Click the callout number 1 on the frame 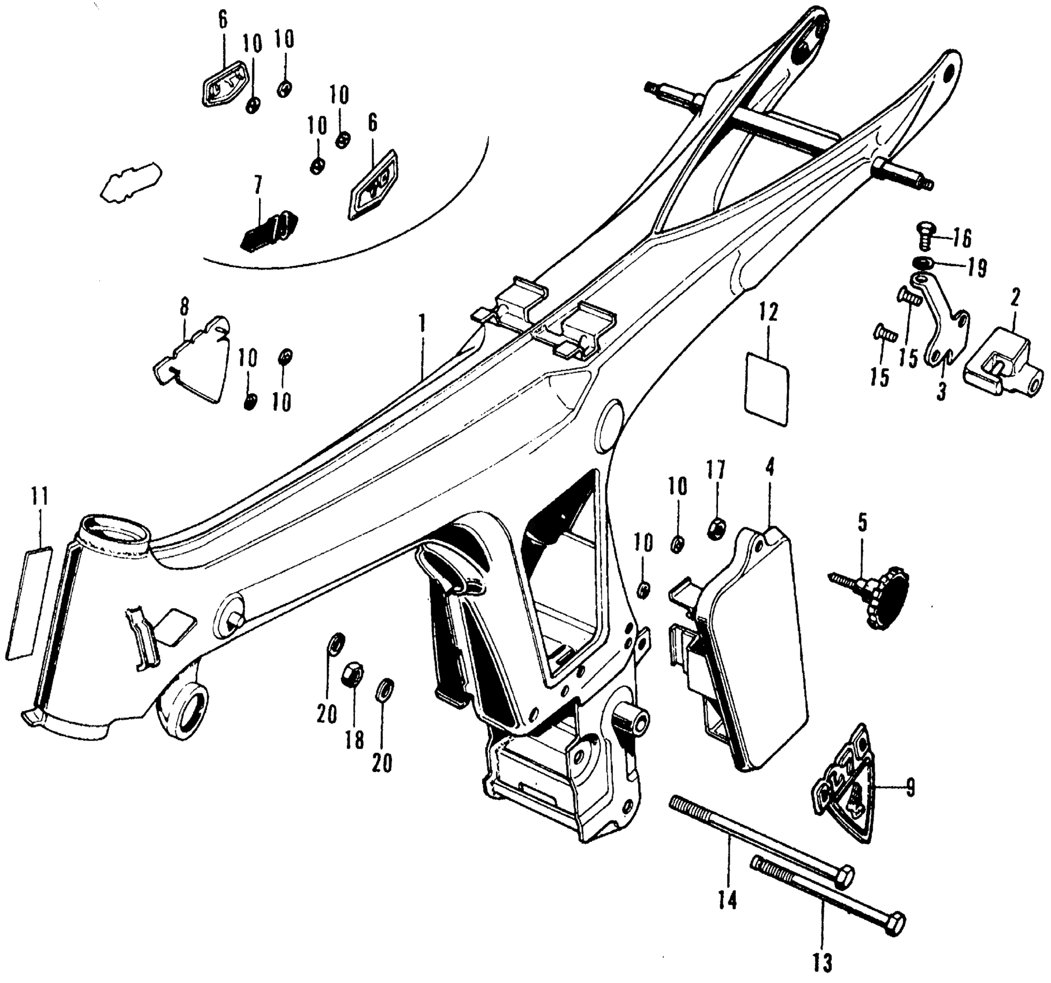423,323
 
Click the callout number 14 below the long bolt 728,900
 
